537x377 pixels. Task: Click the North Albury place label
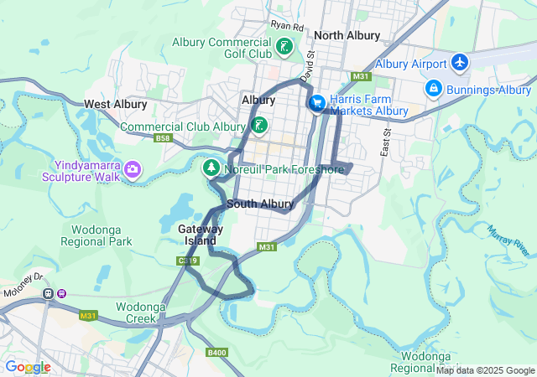pyautogui.click(x=347, y=36)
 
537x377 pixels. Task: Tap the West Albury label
pyautogui.click(x=115, y=105)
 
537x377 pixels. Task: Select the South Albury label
pyautogui.click(x=260, y=204)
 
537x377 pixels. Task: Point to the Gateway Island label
pyautogui.click(x=201, y=235)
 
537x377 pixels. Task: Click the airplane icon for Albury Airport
pyautogui.click(x=459, y=62)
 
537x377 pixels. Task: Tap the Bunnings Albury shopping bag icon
pyautogui.click(x=433, y=87)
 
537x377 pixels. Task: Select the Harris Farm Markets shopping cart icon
pyautogui.click(x=316, y=103)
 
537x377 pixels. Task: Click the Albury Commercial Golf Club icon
pyautogui.click(x=285, y=46)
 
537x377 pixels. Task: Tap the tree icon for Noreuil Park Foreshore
pyautogui.click(x=211, y=168)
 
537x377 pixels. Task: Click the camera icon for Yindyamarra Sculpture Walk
pyautogui.click(x=132, y=170)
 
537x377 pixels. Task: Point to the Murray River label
pyautogui.click(x=508, y=240)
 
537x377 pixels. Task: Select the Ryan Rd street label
pyautogui.click(x=286, y=26)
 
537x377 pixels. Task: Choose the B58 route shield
pyautogui.click(x=163, y=138)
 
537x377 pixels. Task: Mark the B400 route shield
pyautogui.click(x=217, y=353)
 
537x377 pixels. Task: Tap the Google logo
pyautogui.click(x=28, y=367)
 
